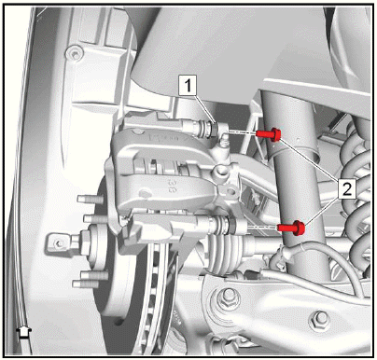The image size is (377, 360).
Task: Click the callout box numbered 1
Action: coord(188,85)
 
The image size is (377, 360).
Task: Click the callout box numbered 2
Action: coord(347,189)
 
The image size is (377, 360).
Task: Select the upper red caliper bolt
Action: coord(269,134)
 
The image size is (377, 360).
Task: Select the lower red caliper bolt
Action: coord(291,228)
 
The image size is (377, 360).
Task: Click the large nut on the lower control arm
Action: coord(228,298)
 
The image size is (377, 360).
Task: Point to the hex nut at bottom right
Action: coord(320,321)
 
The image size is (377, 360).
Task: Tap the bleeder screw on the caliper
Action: coord(222,145)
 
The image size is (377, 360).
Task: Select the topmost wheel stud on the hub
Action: coord(91,199)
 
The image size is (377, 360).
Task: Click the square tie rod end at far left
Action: coord(58,243)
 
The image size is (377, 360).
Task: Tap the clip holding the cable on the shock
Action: coord(279,256)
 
